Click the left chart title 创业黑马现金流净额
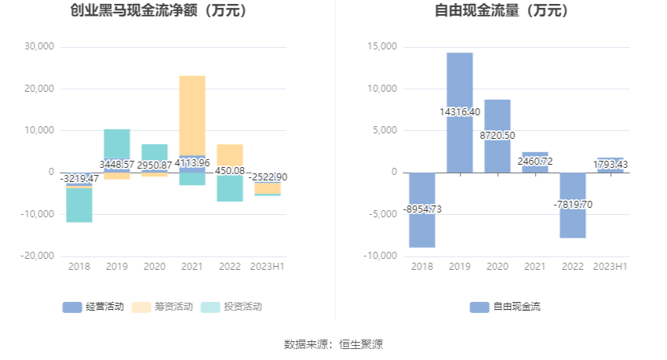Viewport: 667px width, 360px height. [158, 11]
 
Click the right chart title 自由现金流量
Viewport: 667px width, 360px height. [502, 11]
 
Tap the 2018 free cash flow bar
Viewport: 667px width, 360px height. [422, 227]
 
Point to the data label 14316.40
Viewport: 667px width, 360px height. [460, 112]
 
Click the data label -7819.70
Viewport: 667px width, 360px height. [573, 205]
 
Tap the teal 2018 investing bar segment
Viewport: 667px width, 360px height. [79, 205]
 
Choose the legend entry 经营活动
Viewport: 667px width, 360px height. [93, 307]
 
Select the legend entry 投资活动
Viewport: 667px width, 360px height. [231, 307]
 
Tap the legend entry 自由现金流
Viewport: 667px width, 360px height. [505, 307]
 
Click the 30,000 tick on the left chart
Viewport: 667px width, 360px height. [39, 46]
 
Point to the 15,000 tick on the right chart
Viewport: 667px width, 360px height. [384, 47]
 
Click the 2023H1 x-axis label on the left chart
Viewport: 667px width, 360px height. [268, 267]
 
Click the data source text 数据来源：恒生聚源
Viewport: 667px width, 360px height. [333, 344]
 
